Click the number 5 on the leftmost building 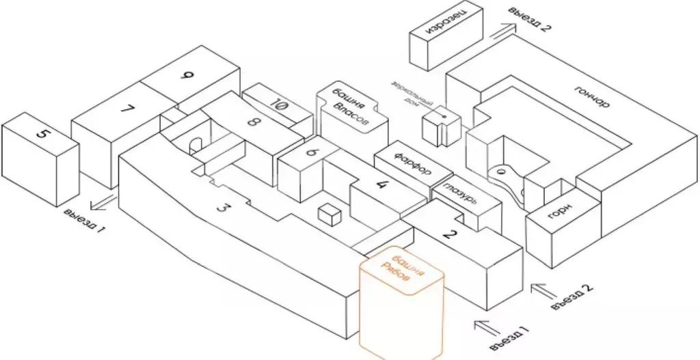(x=42, y=135)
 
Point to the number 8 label (x=254, y=123)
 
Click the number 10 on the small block (x=278, y=105)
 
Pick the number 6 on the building (x=312, y=153)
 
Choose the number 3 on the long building (x=221, y=208)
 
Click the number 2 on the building (x=449, y=234)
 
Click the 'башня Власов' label (x=349, y=106)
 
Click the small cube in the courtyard (x=329, y=215)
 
